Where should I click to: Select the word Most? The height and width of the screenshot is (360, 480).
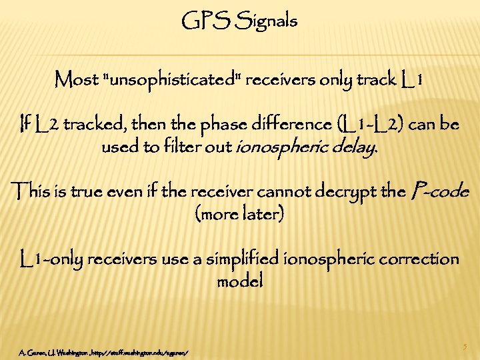click(77, 81)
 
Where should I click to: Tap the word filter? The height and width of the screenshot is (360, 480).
click(169, 147)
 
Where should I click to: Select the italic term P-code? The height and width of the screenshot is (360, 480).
click(441, 193)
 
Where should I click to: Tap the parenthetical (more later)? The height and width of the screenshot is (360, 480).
click(240, 215)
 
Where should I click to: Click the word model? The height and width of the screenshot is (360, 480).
click(240, 281)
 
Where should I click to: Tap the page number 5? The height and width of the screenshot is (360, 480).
click(465, 346)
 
